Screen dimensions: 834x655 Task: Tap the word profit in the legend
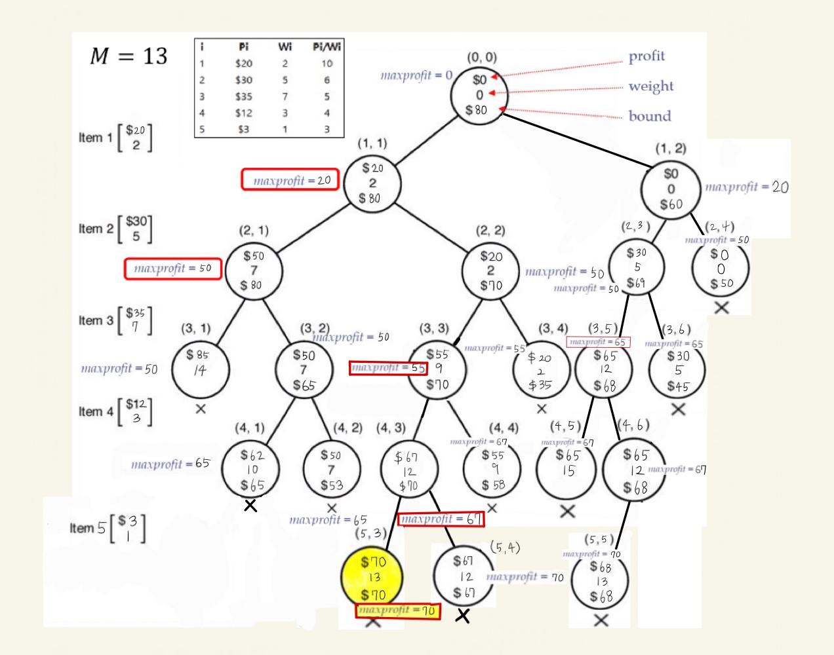tap(646, 56)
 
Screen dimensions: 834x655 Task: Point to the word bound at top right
tap(650, 116)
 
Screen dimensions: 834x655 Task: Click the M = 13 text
tap(129, 56)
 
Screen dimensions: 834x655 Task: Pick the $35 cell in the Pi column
tap(244, 96)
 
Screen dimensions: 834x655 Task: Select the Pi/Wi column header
tap(327, 47)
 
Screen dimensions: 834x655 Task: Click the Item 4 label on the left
tap(96, 411)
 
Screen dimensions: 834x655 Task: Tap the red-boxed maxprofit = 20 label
tap(290, 180)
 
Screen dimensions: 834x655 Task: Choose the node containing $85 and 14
tap(200, 369)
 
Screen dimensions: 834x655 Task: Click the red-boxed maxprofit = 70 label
tap(398, 610)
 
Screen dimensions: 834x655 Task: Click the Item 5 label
tap(88, 528)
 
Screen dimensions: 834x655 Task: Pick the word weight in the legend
tap(650, 86)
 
